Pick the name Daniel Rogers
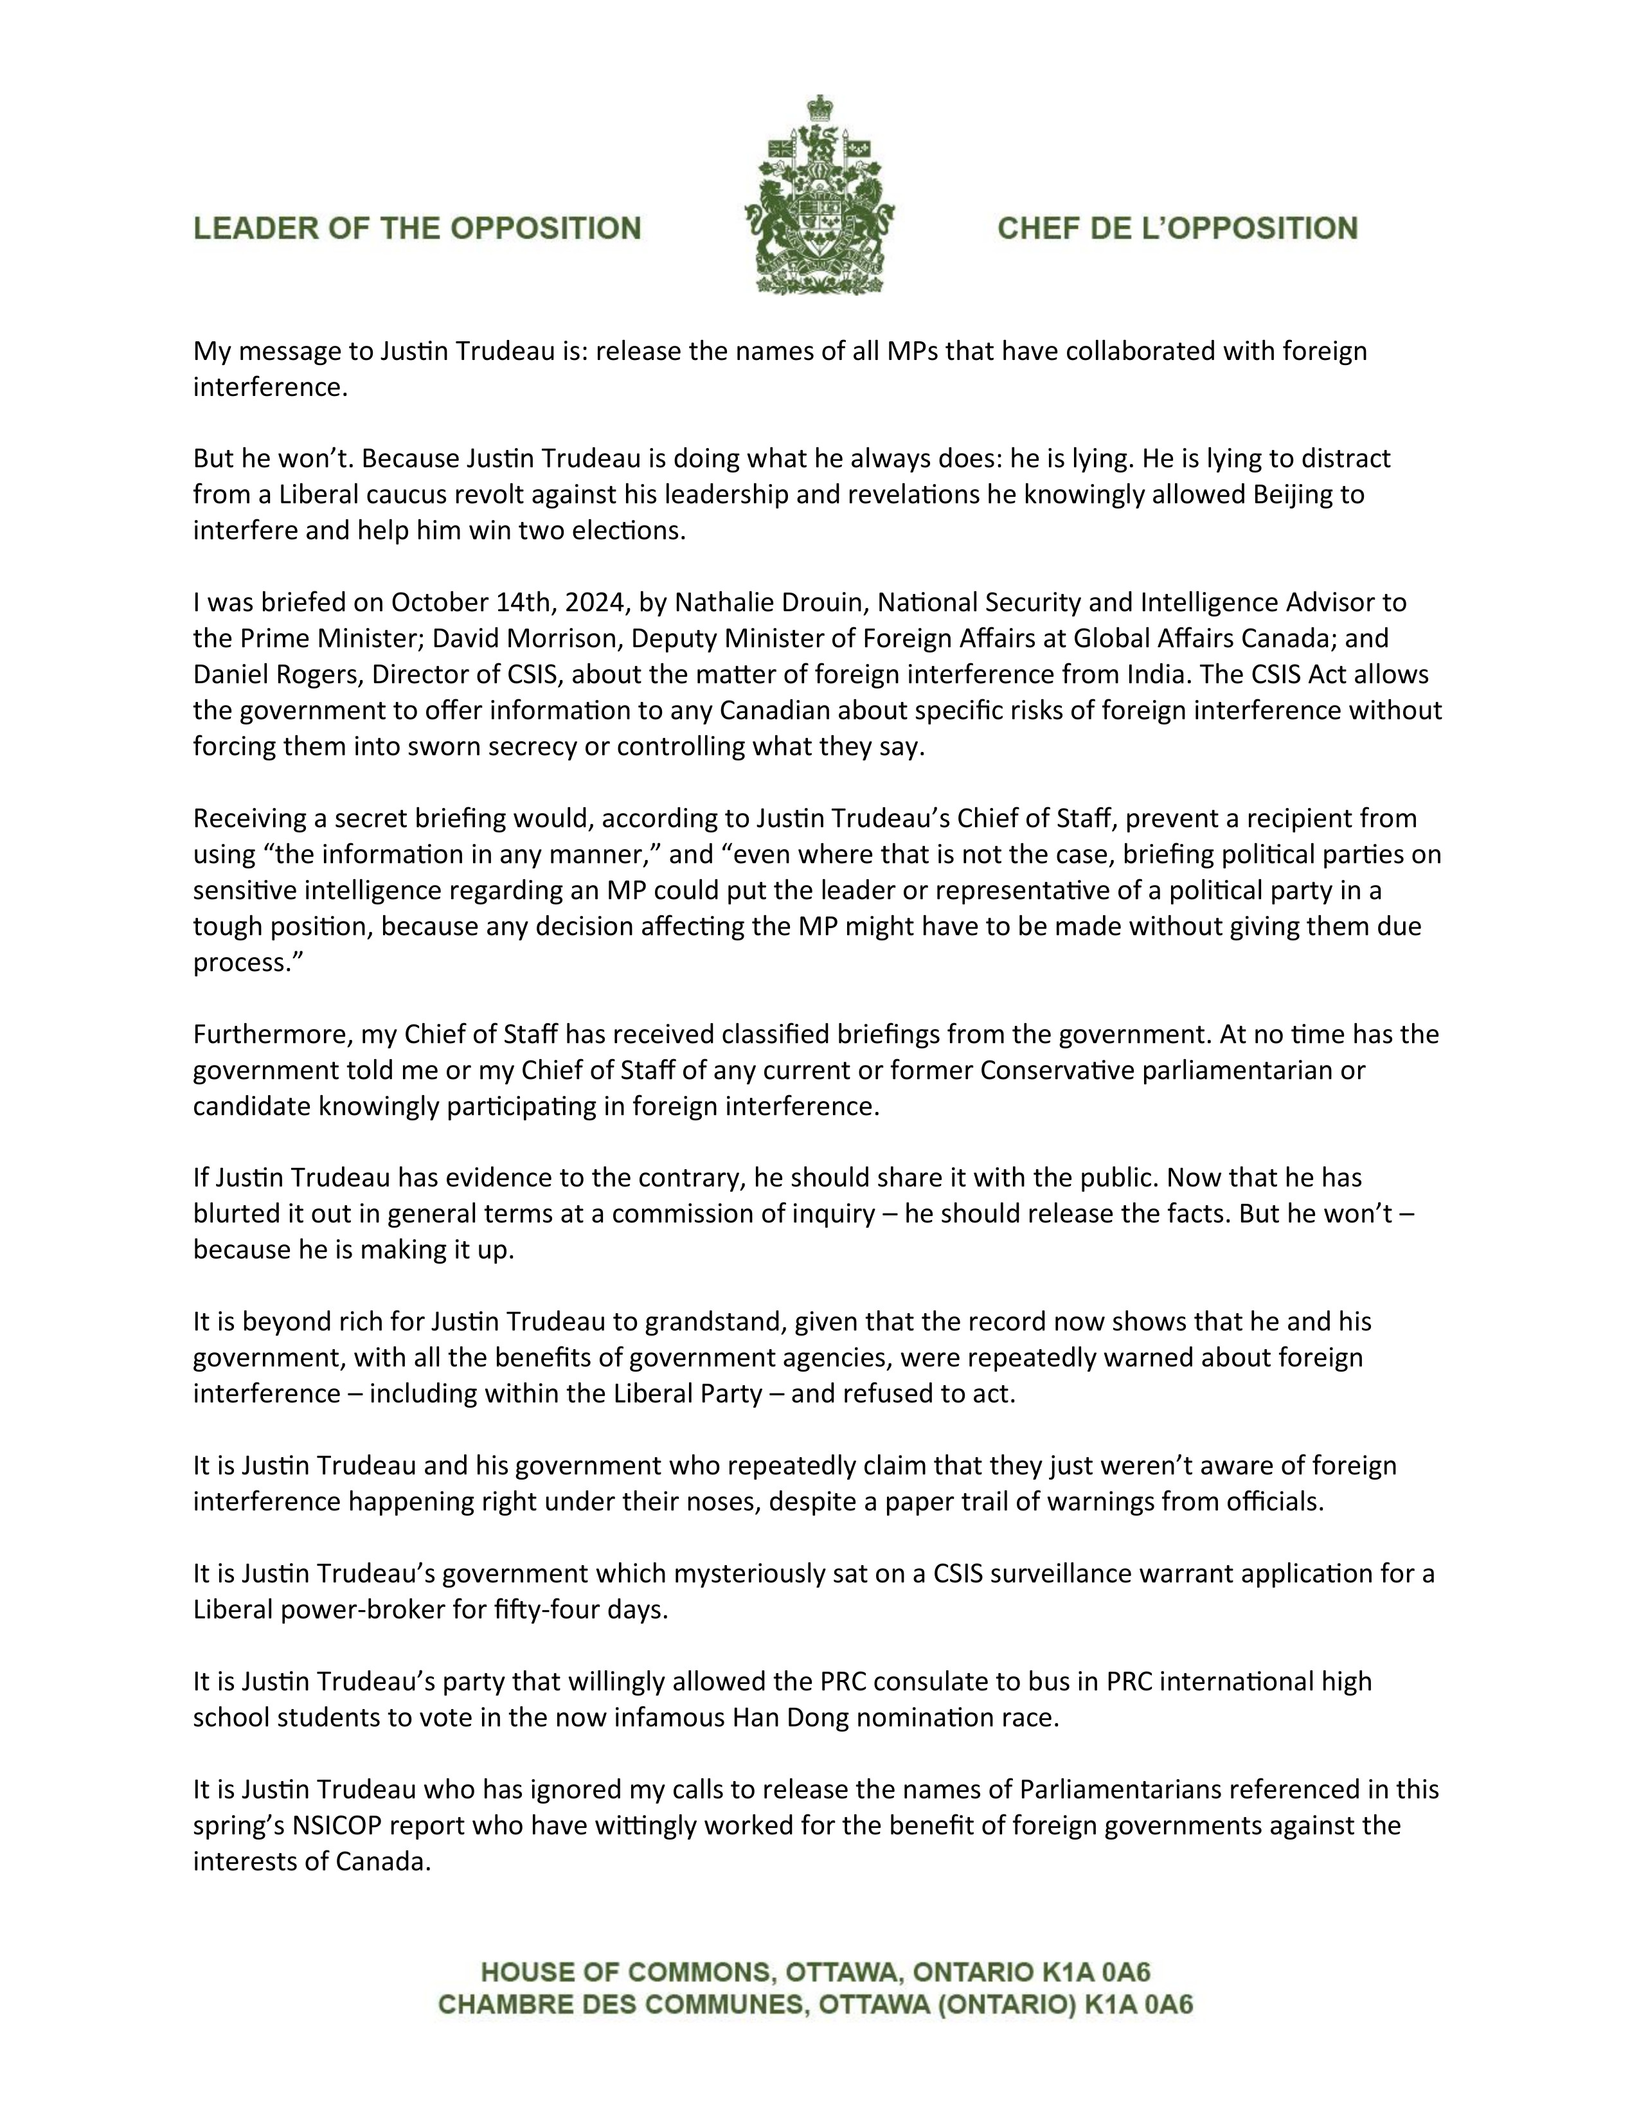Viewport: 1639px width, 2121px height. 262,674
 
